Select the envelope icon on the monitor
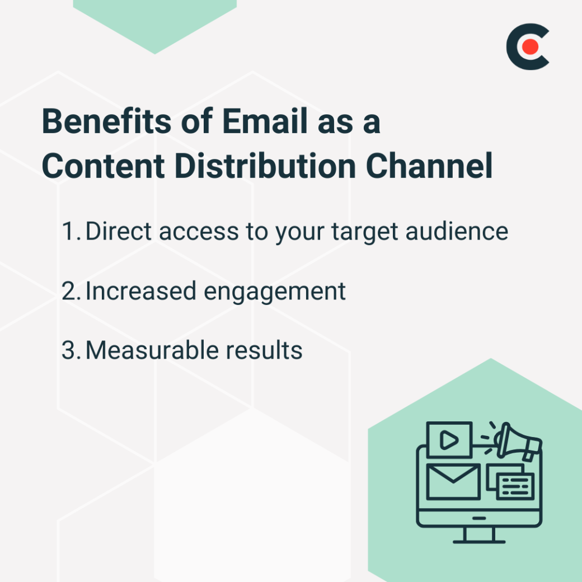453,481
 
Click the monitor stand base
478,541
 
